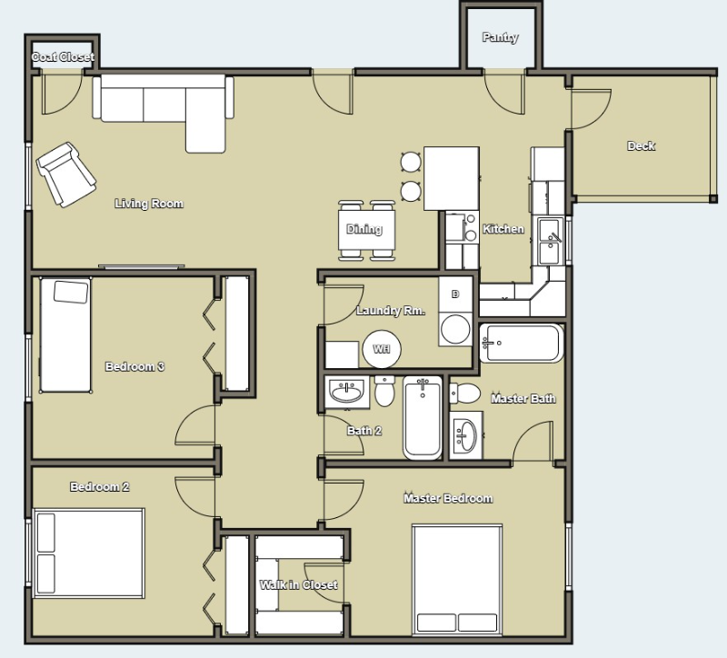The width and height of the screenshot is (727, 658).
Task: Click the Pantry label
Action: [x=500, y=37]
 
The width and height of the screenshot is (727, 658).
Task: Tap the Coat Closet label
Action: [x=63, y=57]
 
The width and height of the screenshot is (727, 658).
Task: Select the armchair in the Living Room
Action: [x=66, y=174]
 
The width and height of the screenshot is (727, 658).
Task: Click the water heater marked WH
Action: [x=381, y=349]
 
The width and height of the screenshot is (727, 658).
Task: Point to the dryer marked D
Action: [x=455, y=294]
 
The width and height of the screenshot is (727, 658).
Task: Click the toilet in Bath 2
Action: [x=384, y=391]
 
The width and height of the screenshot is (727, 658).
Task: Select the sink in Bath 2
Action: [x=346, y=393]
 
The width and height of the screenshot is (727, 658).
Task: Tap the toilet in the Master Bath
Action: [x=464, y=394]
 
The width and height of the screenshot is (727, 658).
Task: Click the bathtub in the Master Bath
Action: [x=522, y=344]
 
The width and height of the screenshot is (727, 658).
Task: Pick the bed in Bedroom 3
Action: [x=65, y=334]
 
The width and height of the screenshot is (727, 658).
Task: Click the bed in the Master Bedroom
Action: [x=457, y=580]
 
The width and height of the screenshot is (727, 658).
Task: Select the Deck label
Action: [x=642, y=146]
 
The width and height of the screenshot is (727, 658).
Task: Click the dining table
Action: [x=367, y=230]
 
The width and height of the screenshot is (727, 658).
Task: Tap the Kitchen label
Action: [x=503, y=229]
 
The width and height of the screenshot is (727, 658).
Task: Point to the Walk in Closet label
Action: [x=299, y=584]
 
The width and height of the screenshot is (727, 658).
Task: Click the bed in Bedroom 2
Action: [x=89, y=553]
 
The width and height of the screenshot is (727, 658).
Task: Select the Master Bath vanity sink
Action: [x=466, y=435]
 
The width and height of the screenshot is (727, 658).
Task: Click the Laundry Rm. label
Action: [x=391, y=310]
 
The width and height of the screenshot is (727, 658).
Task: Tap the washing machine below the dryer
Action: [x=455, y=329]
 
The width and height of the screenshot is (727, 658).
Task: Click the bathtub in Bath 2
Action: [x=423, y=417]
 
